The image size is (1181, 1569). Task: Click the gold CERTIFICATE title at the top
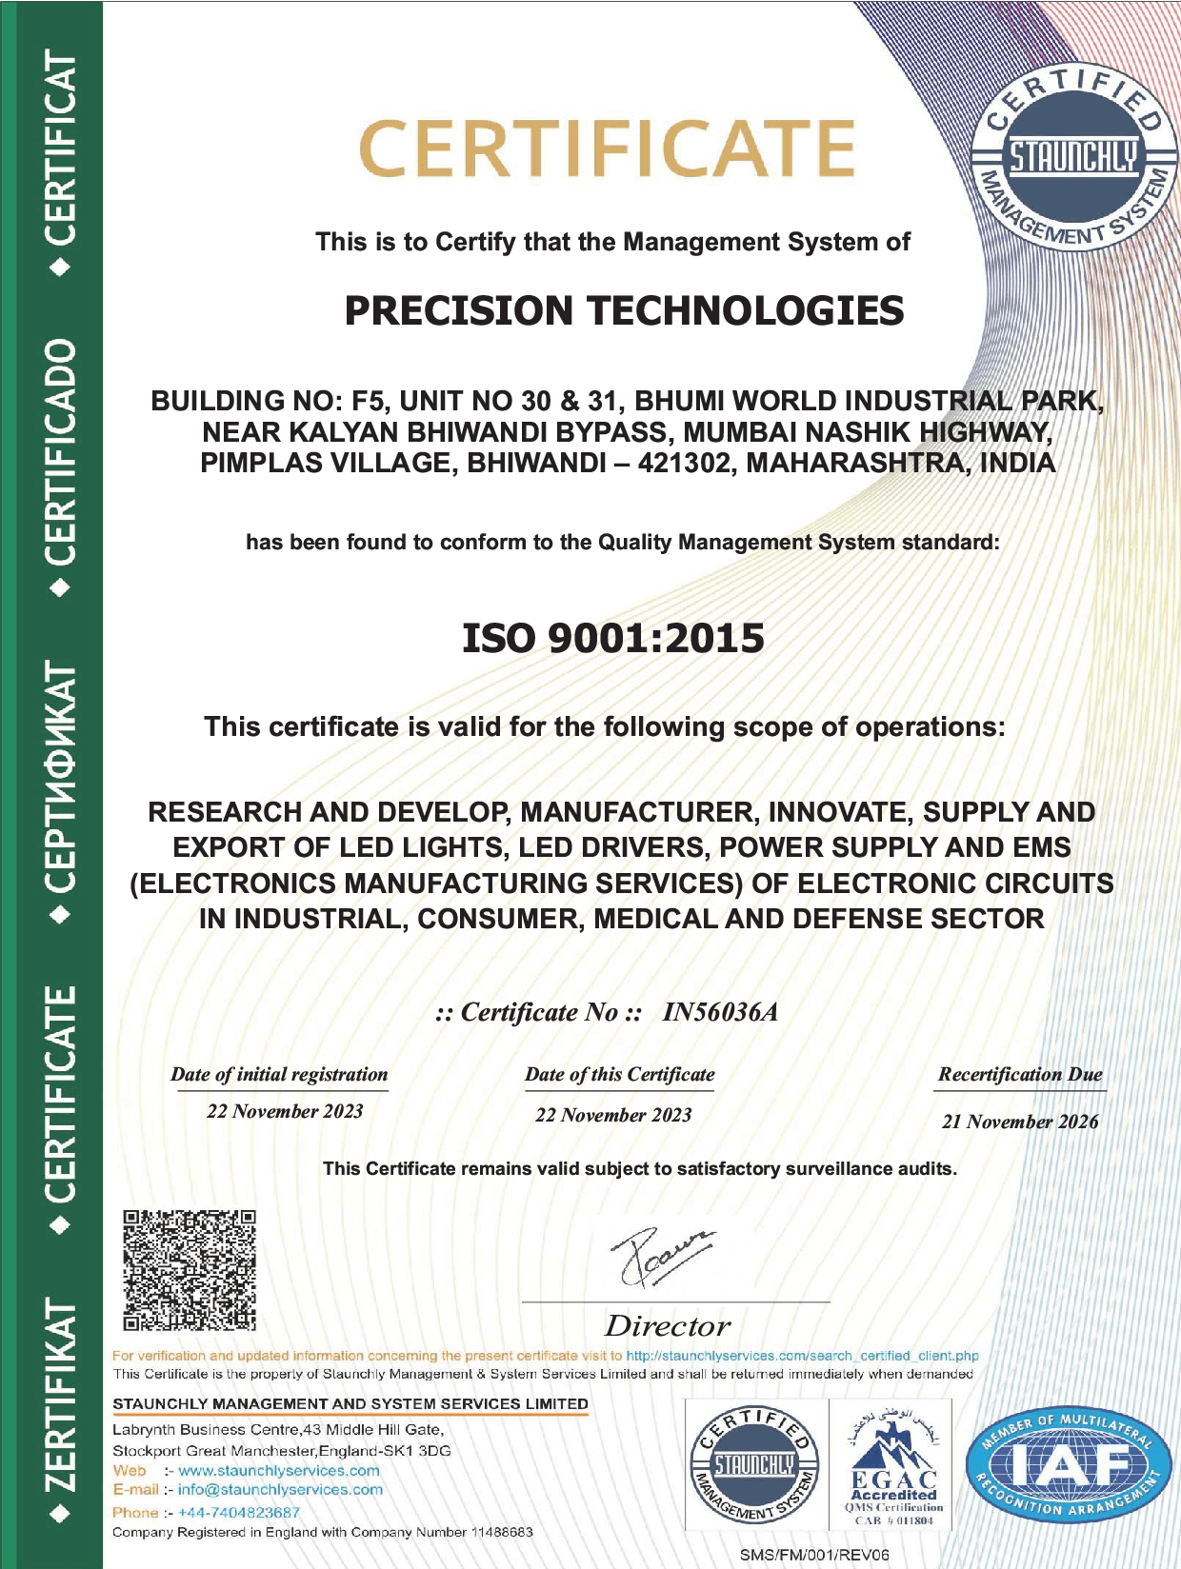click(x=607, y=149)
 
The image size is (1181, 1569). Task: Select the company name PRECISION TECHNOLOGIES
click(x=624, y=311)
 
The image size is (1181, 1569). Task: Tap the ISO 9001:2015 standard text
click(x=612, y=639)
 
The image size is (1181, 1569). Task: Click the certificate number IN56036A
click(x=720, y=1012)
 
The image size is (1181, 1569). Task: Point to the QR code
click(x=190, y=1269)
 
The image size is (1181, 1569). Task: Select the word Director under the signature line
click(x=667, y=1325)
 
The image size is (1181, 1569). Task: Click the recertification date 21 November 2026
click(x=1020, y=1122)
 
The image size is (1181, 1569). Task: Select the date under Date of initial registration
click(x=285, y=1111)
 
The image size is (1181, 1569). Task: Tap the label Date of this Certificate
click(x=619, y=1075)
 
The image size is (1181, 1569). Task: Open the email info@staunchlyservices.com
click(x=280, y=1490)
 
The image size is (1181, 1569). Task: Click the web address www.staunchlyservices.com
click(x=279, y=1471)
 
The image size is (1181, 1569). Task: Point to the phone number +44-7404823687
click(x=239, y=1512)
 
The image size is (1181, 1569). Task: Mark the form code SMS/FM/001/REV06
click(x=814, y=1555)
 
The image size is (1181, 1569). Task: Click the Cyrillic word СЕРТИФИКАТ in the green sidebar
click(x=61, y=776)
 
